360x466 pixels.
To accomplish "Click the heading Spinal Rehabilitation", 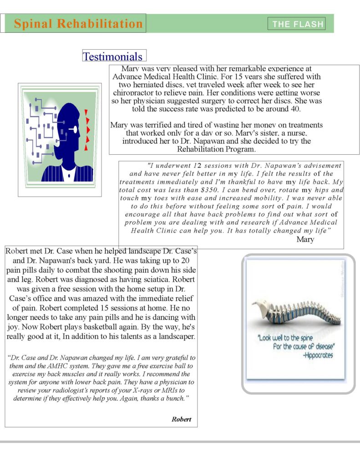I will [78, 24].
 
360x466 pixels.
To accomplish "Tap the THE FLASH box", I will [297, 24].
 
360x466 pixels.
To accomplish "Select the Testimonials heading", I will [112, 56].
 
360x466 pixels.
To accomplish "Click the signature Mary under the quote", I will [305, 239].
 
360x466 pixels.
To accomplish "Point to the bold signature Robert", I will [181, 419].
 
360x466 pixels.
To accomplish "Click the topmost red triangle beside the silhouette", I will [86, 112].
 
